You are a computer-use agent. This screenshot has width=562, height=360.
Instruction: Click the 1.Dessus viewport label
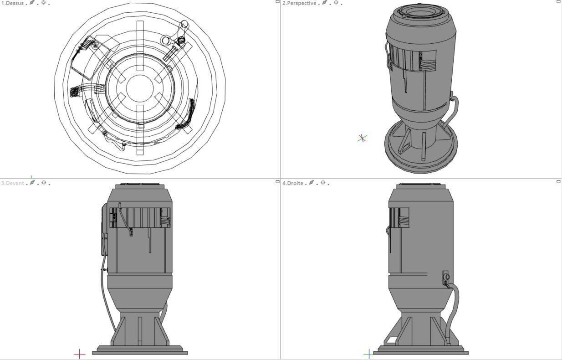pos(12,3)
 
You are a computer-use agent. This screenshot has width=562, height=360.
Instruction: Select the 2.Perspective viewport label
pos(299,3)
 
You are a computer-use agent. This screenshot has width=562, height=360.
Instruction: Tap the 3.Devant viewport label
pos(12,183)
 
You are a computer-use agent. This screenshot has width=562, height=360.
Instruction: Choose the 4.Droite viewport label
pos(293,183)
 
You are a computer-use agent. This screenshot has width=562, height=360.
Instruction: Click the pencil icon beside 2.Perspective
pos(324,3)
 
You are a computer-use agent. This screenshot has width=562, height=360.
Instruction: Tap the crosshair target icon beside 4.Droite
pos(323,183)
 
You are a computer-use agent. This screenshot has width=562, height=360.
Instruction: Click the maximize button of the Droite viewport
pos(558,182)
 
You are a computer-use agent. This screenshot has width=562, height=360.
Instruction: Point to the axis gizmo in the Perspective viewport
pos(362,138)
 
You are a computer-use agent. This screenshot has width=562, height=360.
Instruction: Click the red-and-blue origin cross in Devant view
pos(80,354)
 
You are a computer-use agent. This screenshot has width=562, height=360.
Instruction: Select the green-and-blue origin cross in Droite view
pos(369,354)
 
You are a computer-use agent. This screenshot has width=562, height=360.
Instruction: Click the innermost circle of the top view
pos(140,88)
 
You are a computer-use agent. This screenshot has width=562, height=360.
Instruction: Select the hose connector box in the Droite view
pos(445,278)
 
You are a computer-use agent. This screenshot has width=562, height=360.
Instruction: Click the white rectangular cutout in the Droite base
pos(392,340)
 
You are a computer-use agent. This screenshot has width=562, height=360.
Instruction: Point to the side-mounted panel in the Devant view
pos(105,230)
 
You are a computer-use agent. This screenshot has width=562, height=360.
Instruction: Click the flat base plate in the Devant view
pos(140,352)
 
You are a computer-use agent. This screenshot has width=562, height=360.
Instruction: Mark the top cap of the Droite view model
pos(420,186)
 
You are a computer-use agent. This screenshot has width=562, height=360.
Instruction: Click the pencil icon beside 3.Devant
pos(32,183)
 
